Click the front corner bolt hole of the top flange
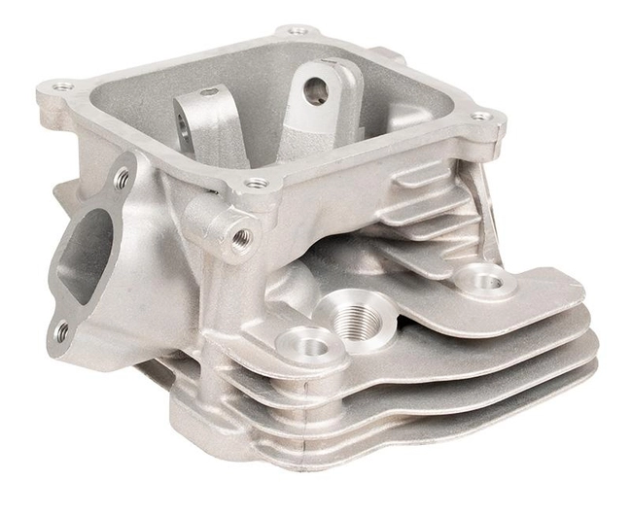click(256, 183)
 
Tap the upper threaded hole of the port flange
click(122, 178)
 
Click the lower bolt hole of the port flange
click(62, 331)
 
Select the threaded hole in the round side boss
click(242, 235)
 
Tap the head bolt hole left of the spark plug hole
click(303, 343)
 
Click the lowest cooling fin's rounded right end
click(583, 375)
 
